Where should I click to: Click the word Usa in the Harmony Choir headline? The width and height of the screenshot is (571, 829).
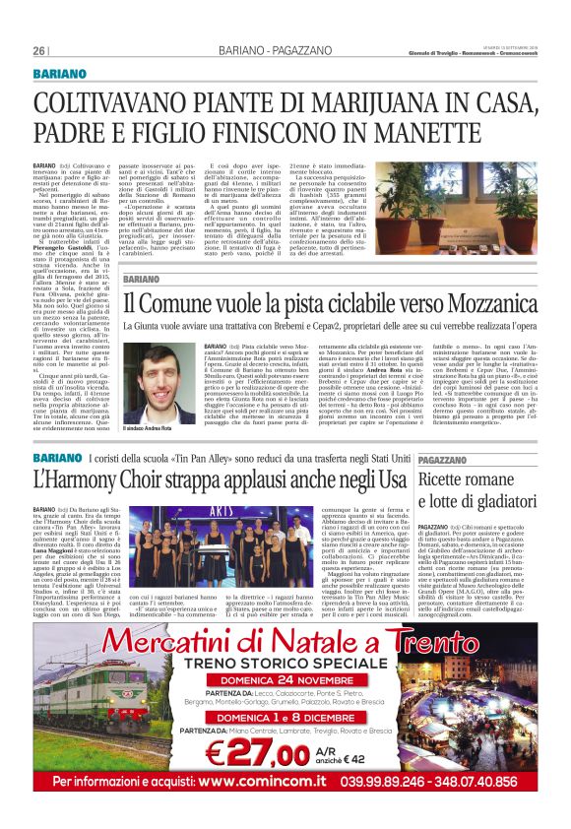click(390, 481)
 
